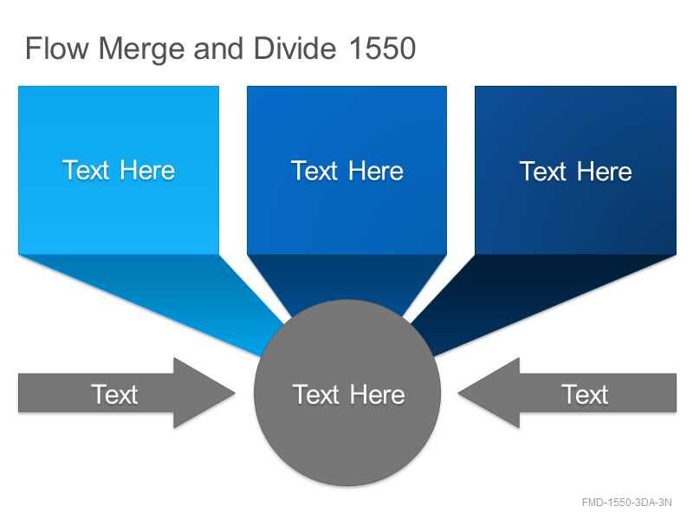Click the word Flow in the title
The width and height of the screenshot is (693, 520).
coord(57,49)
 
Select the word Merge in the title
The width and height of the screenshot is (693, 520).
coord(141,49)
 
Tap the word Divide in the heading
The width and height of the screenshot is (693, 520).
coord(295,49)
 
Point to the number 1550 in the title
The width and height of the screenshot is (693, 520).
coord(382,49)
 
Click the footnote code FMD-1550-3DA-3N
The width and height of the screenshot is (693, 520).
coord(626,503)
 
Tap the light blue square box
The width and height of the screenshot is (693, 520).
coord(119,170)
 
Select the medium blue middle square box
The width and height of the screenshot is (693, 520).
coord(347,170)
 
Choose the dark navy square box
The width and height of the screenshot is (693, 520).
coord(575,170)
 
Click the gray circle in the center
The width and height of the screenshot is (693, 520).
coord(347,393)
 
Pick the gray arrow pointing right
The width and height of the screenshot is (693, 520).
coord(126,393)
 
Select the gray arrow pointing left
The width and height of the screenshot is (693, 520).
coord(567,393)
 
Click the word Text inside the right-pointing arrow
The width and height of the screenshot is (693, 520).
coord(114,394)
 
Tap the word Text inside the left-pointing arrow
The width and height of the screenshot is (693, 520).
coord(585,394)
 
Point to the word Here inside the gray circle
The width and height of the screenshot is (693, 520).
coord(378,394)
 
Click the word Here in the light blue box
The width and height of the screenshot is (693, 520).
coord(147,170)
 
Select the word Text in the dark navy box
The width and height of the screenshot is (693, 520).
coord(543,172)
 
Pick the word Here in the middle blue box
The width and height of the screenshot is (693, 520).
coord(376,171)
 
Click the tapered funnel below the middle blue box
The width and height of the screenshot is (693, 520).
coord(347,278)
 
